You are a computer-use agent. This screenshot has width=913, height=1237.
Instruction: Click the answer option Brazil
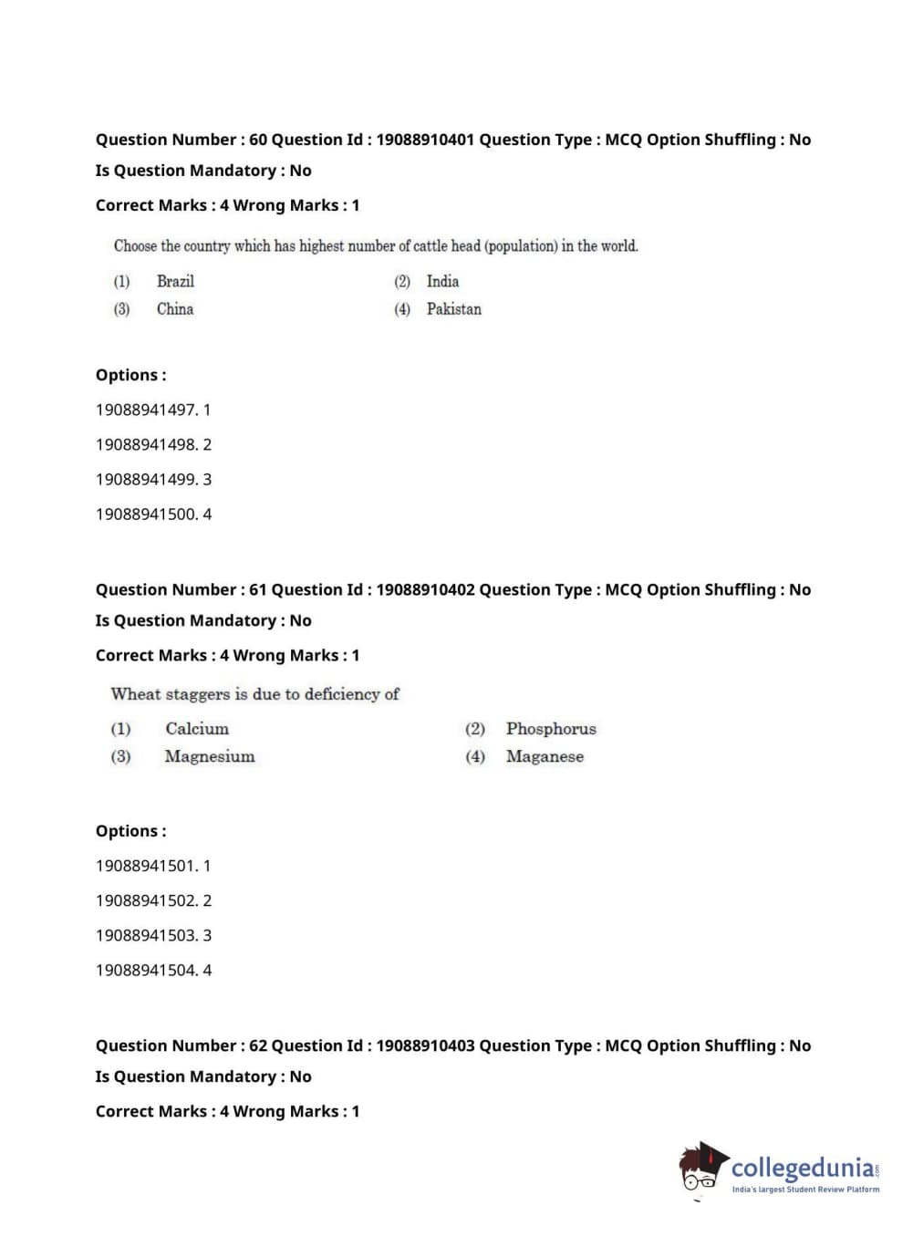click(x=175, y=281)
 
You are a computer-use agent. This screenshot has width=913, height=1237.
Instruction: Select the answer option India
click(x=442, y=281)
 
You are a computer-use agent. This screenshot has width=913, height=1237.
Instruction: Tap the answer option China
click(x=175, y=309)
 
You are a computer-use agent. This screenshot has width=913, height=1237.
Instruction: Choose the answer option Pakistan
click(x=453, y=309)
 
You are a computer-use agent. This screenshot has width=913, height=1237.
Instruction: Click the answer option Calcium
click(x=197, y=729)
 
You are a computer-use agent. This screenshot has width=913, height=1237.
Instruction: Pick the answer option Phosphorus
click(x=551, y=729)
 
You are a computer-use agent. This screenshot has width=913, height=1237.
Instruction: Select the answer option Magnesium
click(x=210, y=756)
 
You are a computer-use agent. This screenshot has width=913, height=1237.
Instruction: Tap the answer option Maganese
click(x=545, y=756)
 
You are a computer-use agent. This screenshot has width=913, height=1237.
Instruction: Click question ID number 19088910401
click(x=425, y=140)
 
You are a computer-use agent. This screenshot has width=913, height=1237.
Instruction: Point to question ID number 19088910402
click(x=425, y=589)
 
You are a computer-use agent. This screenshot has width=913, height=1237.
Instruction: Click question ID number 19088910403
click(x=425, y=1045)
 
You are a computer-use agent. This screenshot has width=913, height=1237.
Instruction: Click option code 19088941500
click(x=146, y=514)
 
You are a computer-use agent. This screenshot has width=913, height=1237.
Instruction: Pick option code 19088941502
click(x=146, y=900)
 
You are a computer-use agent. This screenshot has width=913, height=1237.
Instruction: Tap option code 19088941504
click(x=146, y=970)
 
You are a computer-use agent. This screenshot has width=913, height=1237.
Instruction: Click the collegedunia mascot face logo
click(x=701, y=1169)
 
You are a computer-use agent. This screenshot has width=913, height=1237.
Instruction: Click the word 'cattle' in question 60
click(x=430, y=246)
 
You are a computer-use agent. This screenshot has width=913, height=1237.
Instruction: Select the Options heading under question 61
click(x=131, y=831)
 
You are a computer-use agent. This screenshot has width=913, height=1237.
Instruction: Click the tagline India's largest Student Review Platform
click(x=805, y=1189)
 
